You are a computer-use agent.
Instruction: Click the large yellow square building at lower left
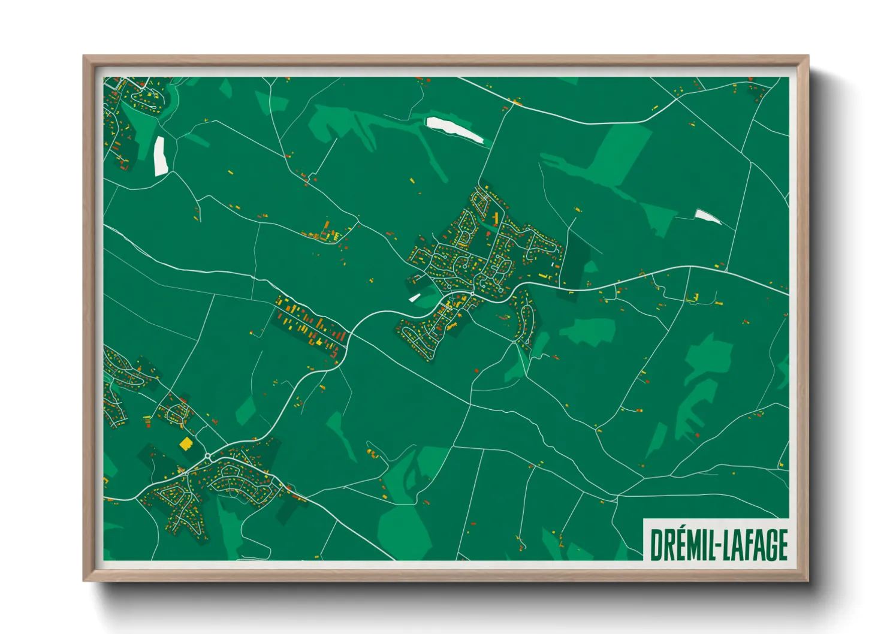(x=186, y=443)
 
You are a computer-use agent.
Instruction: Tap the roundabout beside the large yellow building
(x=207, y=457)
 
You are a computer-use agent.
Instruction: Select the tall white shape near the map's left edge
(x=160, y=156)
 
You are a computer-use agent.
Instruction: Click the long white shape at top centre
(x=454, y=130)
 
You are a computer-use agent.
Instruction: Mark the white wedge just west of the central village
(x=414, y=297)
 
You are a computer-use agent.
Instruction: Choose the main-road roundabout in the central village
(x=472, y=293)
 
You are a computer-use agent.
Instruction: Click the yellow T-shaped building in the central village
(x=496, y=216)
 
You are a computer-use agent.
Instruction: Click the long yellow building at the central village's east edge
(x=544, y=276)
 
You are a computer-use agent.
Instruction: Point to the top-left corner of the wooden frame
(x=83, y=56)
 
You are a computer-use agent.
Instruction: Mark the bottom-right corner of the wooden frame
(x=808, y=581)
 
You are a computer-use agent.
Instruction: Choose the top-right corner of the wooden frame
(x=808, y=56)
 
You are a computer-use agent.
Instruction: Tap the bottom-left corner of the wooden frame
(x=83, y=581)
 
